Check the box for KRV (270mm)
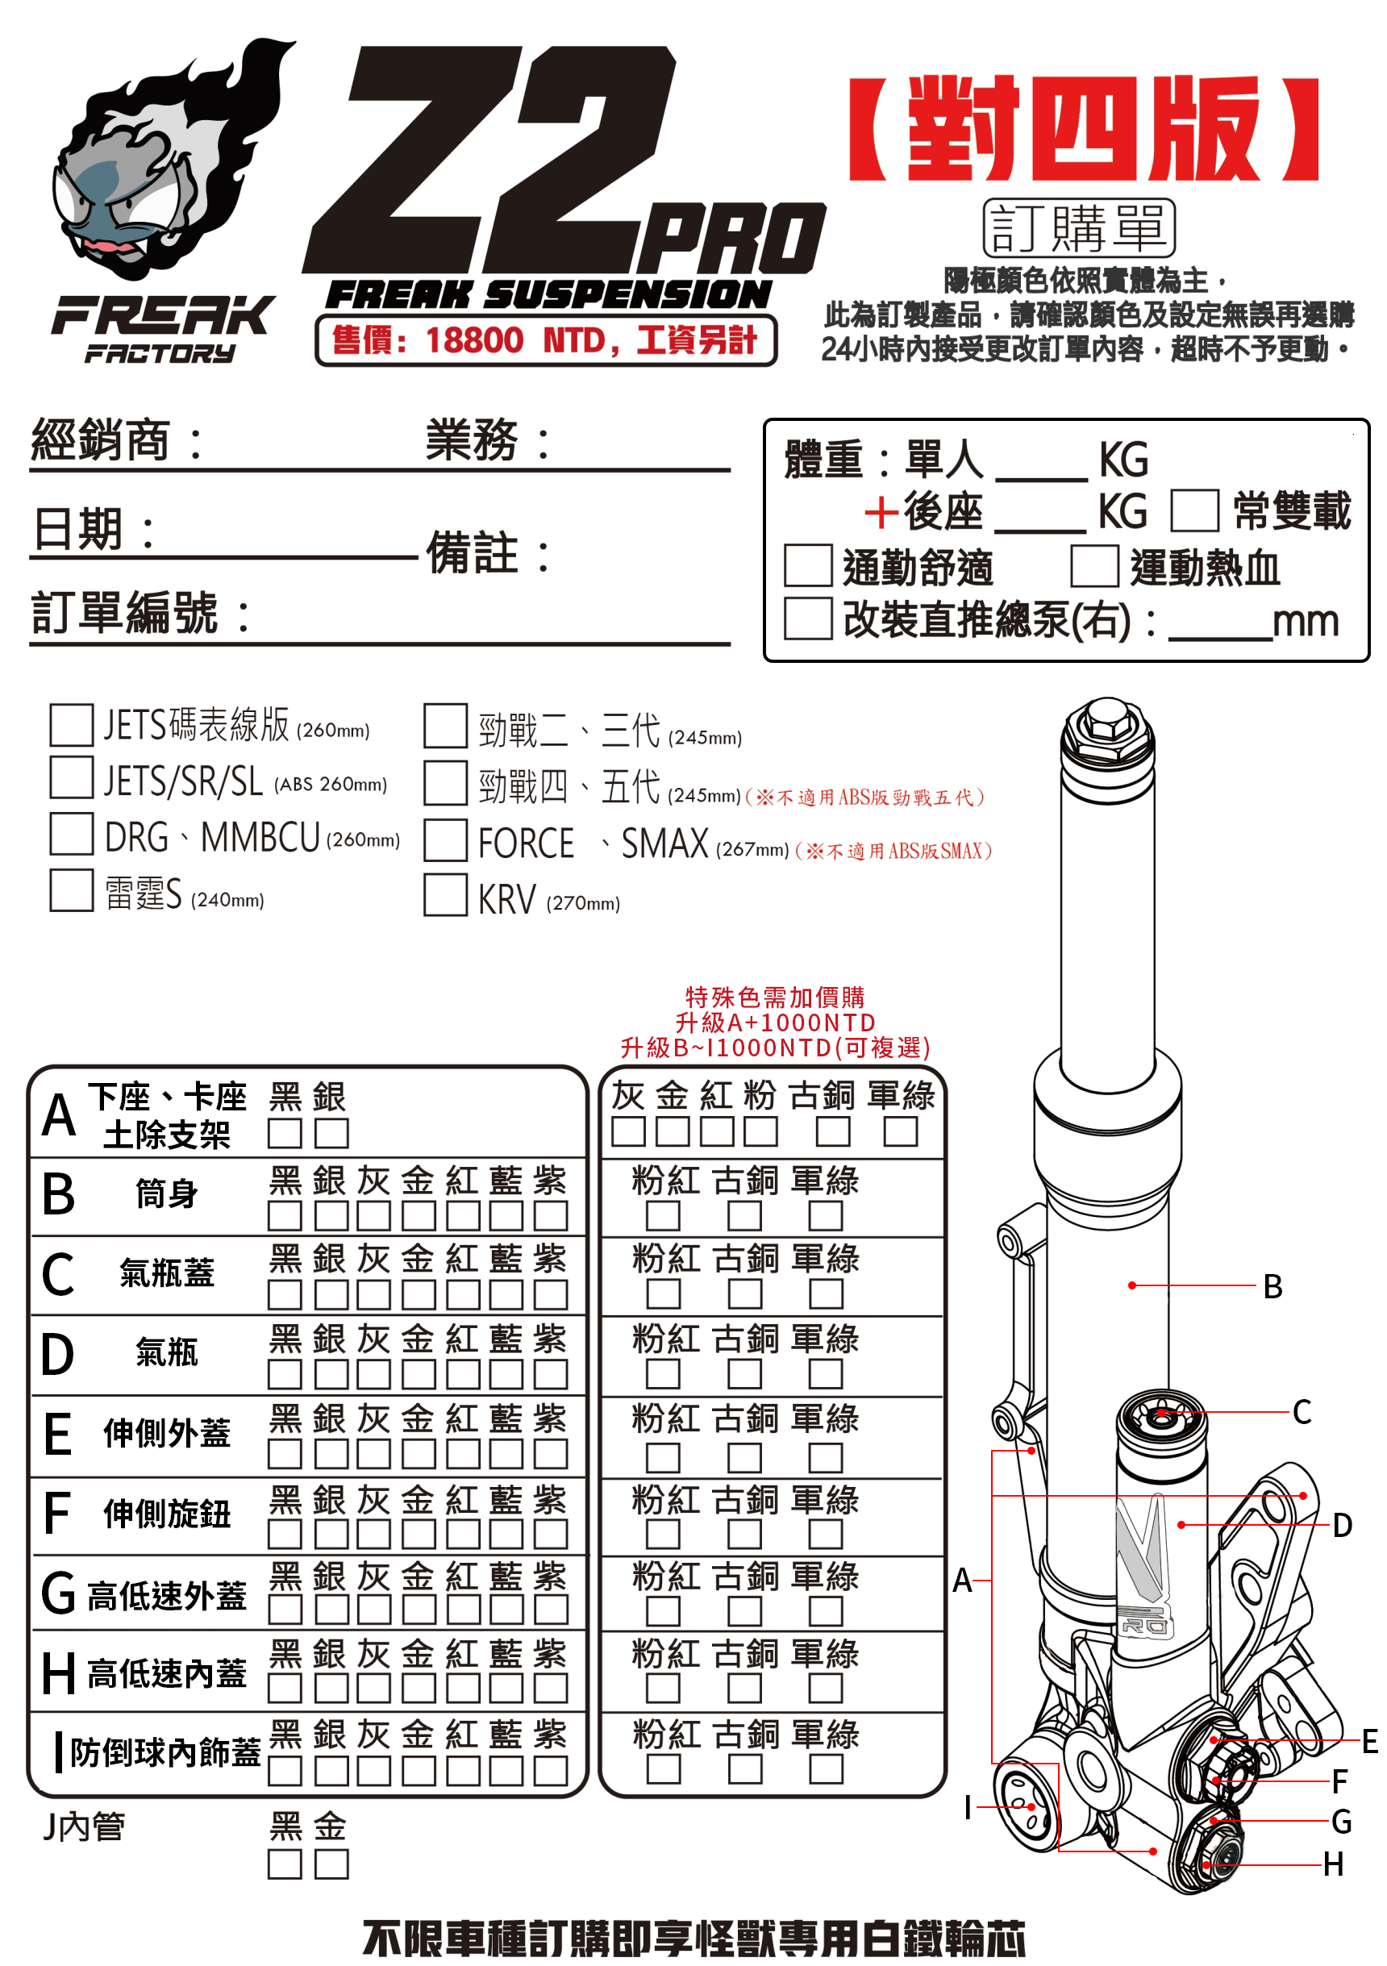(x=445, y=895)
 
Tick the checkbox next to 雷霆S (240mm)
(x=71, y=890)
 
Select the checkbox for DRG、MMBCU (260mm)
(x=71, y=834)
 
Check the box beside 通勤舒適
(x=807, y=566)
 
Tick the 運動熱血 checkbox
(x=1093, y=566)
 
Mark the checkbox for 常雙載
(x=1194, y=511)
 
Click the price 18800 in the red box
(x=473, y=341)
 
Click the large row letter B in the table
(x=58, y=1194)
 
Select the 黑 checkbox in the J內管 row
(x=284, y=1864)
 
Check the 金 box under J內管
(x=331, y=1864)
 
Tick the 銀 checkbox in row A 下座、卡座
(x=331, y=1134)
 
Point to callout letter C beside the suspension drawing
(x=1302, y=1412)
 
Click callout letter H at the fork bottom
(x=1332, y=1864)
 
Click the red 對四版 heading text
(x=1083, y=128)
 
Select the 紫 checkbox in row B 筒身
(x=551, y=1216)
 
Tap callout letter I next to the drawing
(x=968, y=1806)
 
